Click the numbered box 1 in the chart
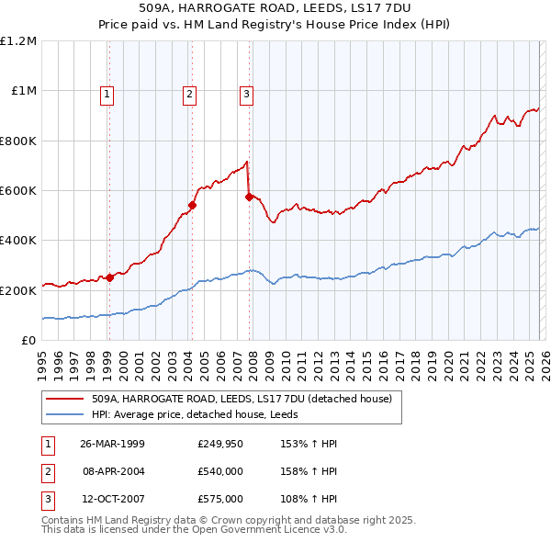[107, 93]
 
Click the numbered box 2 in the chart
[189, 93]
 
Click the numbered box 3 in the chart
[247, 93]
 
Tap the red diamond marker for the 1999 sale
[109, 277]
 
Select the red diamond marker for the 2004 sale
[193, 205]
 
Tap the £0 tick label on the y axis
[27, 341]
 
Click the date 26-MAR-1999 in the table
[112, 444]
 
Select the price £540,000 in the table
[219, 471]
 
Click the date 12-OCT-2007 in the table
[112, 499]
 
